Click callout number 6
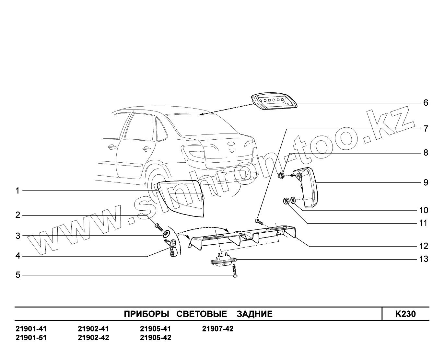point(426,103)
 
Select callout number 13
point(423,259)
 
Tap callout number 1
point(18,191)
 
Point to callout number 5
point(18,275)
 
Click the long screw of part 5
point(235,271)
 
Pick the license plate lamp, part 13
point(223,260)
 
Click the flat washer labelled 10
point(293,200)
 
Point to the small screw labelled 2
point(158,226)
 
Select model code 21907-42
point(217,329)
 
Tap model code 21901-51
point(31,338)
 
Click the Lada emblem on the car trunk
point(233,151)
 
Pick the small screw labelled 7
point(259,221)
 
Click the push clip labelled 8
point(281,176)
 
